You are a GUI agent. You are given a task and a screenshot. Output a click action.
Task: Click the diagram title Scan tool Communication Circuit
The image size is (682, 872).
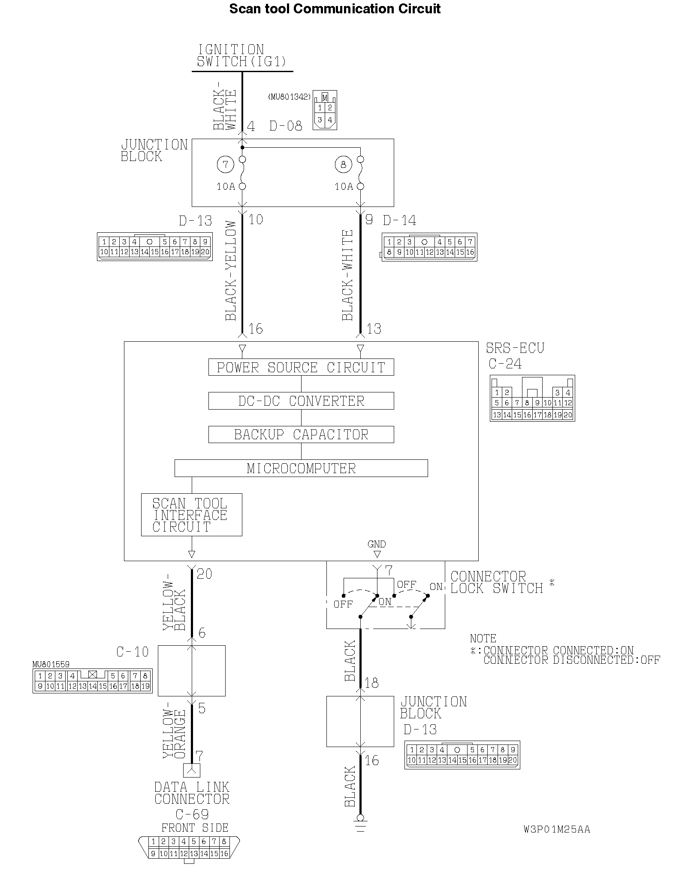[x=335, y=9]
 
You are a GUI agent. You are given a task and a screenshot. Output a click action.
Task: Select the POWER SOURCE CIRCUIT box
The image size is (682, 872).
[x=301, y=368]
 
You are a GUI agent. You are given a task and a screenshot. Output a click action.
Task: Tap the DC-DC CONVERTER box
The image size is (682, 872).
[x=301, y=401]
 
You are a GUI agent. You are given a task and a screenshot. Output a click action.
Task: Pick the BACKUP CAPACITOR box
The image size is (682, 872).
[x=301, y=434]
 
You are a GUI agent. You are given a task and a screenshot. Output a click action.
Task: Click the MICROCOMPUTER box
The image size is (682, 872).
[x=301, y=468]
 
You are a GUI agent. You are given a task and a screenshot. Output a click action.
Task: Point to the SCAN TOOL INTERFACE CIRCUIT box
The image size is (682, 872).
[x=191, y=515]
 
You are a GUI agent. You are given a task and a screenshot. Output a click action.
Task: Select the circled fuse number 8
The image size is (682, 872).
[x=343, y=164]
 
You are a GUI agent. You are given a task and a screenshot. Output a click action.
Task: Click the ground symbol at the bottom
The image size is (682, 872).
[x=360, y=827]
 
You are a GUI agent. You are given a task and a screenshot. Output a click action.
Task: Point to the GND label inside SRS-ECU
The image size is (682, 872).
[x=377, y=544]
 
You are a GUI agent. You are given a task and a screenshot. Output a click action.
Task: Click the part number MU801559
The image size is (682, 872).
[x=51, y=665]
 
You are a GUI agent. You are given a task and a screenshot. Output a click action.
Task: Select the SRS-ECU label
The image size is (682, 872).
[x=515, y=348]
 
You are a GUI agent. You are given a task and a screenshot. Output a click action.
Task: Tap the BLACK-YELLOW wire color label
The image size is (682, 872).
[x=231, y=270]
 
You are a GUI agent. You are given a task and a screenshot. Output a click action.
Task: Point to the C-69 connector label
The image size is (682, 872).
[x=192, y=814]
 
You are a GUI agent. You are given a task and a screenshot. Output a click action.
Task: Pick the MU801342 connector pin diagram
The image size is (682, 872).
[x=325, y=110]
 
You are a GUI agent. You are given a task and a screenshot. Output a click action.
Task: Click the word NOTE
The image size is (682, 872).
[x=483, y=638]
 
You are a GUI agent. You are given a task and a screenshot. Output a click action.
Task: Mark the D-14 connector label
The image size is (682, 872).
[x=399, y=221]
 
